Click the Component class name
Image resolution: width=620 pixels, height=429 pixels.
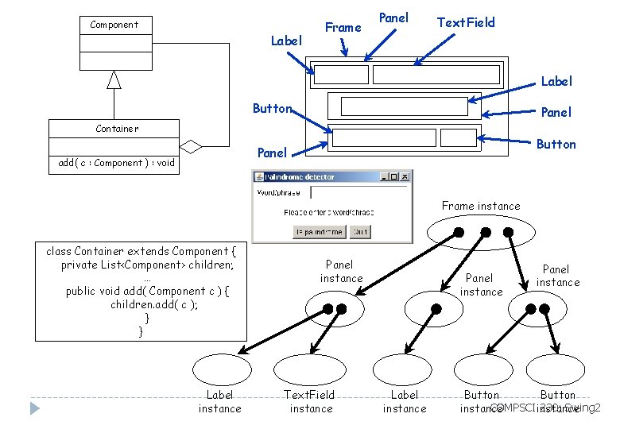click(x=114, y=25)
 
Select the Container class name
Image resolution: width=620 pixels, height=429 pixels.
click(x=116, y=128)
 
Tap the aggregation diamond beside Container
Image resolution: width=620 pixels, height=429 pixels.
click(x=191, y=145)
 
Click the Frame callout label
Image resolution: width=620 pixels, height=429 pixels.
click(x=343, y=27)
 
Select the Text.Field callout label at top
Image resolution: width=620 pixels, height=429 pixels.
click(x=466, y=22)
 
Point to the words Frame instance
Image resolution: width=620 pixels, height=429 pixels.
click(x=481, y=206)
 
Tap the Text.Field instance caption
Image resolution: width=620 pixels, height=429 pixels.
click(x=311, y=401)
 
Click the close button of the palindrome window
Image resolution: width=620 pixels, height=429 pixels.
click(x=404, y=176)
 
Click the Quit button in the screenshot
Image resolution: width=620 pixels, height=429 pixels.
click(x=360, y=232)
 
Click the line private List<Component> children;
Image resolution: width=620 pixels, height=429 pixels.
click(x=141, y=265)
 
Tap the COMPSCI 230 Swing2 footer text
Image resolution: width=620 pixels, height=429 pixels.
click(x=545, y=408)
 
